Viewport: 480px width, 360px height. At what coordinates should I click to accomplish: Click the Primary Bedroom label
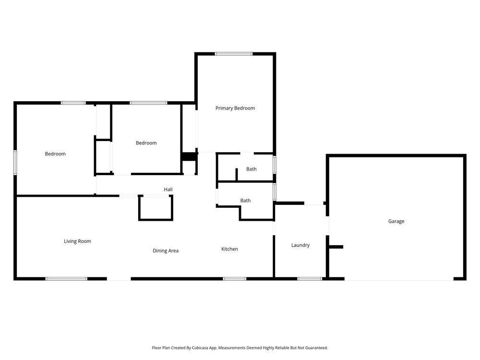point(235,108)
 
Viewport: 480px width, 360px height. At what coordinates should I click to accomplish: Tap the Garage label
point(396,221)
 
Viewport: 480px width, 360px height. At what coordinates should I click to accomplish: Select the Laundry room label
point(300,245)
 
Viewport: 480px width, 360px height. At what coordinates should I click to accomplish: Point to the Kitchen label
point(229,249)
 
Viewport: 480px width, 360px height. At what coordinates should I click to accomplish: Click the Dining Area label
point(166,251)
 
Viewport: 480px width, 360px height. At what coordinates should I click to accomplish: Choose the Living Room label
point(77,241)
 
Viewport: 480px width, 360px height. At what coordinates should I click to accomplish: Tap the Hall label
point(168,190)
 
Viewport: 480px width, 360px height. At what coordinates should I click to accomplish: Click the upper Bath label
point(251,169)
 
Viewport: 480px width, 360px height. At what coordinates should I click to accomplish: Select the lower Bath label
point(245,201)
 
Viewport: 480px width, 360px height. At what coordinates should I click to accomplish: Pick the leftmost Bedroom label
point(55,154)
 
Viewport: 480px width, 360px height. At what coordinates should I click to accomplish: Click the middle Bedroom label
point(146,143)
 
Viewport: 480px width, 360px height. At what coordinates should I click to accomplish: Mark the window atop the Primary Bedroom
point(234,54)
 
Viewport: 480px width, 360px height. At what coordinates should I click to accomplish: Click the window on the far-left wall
point(15,163)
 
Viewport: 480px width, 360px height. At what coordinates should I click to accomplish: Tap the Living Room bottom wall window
point(66,278)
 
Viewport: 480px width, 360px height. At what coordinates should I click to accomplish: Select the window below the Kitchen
point(234,278)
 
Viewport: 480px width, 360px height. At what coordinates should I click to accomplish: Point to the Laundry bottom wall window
point(310,278)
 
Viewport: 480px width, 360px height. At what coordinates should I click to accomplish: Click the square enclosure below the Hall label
point(156,208)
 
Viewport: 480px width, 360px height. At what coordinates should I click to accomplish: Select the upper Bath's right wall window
point(275,164)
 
